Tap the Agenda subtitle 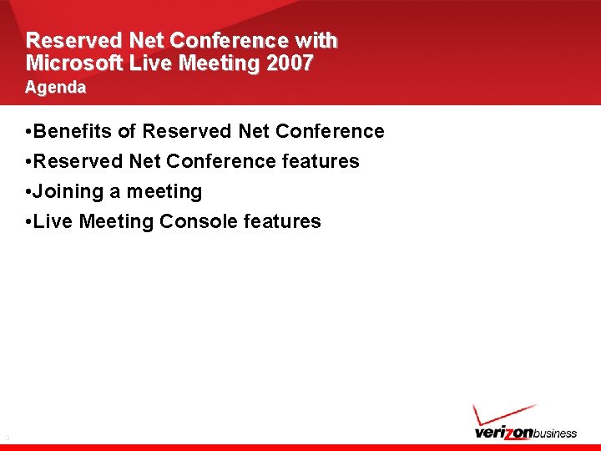pos(55,87)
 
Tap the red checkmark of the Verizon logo pos(502,414)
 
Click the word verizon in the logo pos(503,433)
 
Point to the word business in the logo pos(554,433)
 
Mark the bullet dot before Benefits pos(29,132)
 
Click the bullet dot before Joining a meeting pos(29,192)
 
